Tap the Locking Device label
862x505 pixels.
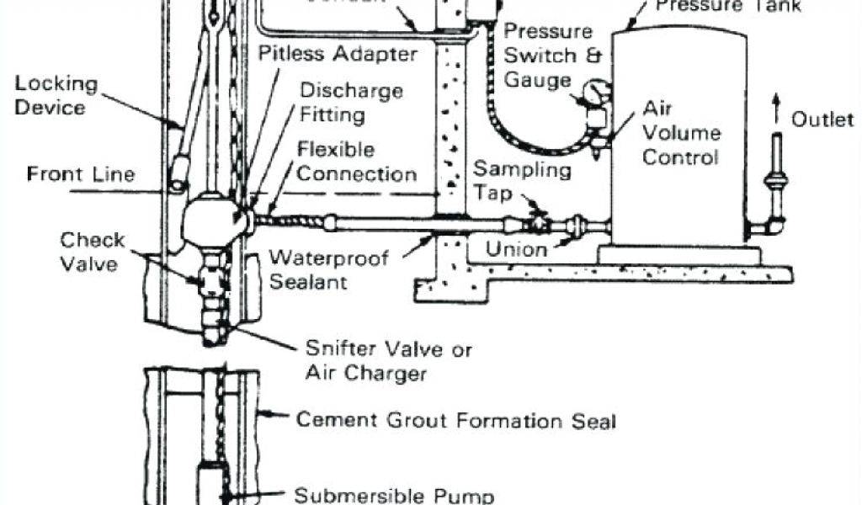click(x=56, y=96)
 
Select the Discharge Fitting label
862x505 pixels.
click(x=351, y=101)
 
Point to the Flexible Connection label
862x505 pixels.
click(x=357, y=162)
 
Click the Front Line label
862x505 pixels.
click(x=81, y=174)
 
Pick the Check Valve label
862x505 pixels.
click(x=93, y=252)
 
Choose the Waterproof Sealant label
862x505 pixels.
click(x=328, y=268)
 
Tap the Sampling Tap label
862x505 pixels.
click(x=522, y=181)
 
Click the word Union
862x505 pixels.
click(x=516, y=249)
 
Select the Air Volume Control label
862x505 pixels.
click(x=681, y=133)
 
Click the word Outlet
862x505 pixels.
click(x=822, y=120)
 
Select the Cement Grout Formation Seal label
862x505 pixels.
click(x=455, y=419)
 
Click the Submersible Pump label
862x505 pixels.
click(x=400, y=495)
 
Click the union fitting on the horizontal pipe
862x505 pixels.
click(x=578, y=226)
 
